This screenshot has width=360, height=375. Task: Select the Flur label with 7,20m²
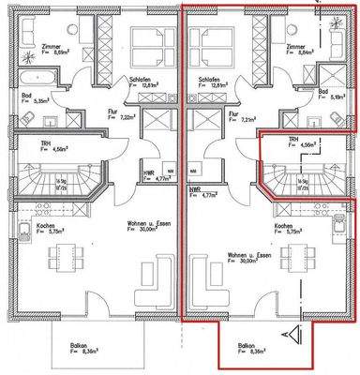pos(108,116)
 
